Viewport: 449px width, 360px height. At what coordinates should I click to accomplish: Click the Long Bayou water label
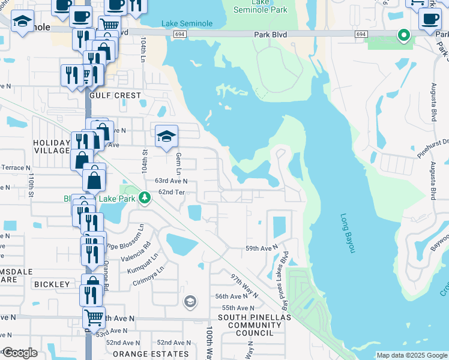[348, 233]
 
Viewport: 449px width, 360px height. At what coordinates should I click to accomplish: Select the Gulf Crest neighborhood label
[115, 95]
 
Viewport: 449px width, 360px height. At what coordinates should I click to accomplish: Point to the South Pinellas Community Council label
[254, 325]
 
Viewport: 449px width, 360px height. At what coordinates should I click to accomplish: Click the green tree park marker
[143, 197]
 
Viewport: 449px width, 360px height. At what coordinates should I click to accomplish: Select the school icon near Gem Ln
[166, 136]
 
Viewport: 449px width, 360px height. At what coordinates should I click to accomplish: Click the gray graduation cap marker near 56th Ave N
[190, 301]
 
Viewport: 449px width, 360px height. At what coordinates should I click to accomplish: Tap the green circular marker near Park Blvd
[404, 35]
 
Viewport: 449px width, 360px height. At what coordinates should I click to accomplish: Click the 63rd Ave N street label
[171, 181]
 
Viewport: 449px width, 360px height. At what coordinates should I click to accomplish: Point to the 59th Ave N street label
[262, 248]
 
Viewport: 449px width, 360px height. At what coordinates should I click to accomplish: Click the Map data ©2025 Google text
[411, 355]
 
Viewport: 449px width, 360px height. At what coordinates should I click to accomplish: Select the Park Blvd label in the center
[270, 35]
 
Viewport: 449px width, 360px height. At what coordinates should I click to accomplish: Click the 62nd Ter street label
[170, 191]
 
